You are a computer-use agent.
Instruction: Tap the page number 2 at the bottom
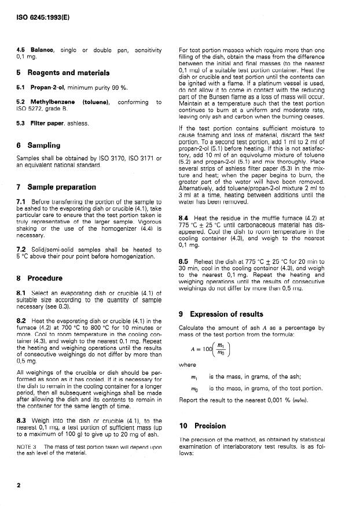19,485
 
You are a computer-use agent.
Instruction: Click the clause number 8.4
185,216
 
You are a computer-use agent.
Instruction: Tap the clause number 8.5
185,262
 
